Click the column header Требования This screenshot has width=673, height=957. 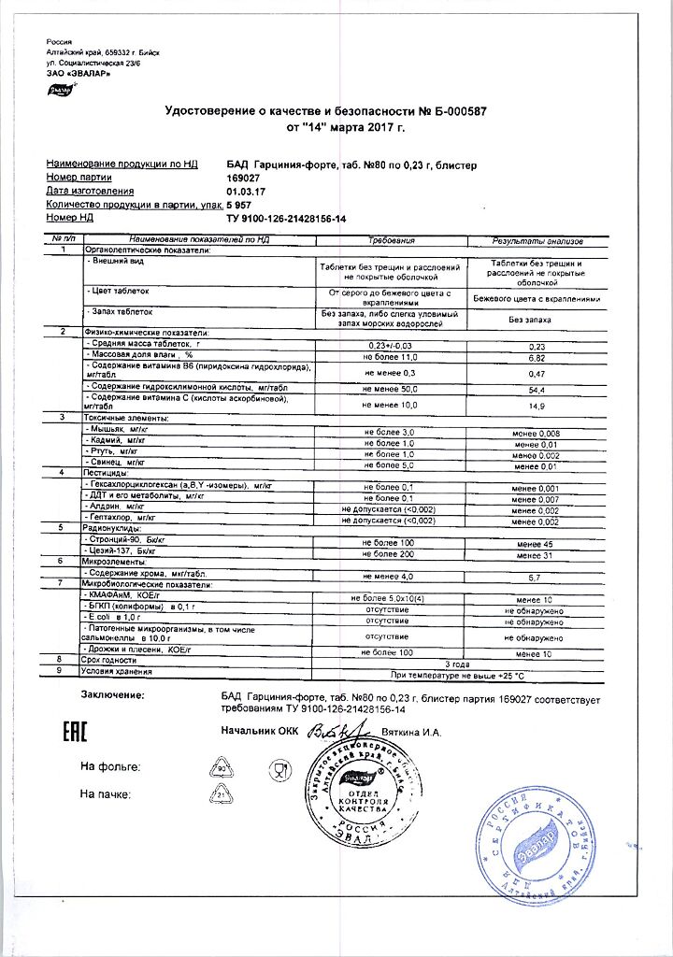coord(393,240)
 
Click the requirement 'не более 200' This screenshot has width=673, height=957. coord(393,553)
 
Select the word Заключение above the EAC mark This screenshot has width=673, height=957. coord(111,695)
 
